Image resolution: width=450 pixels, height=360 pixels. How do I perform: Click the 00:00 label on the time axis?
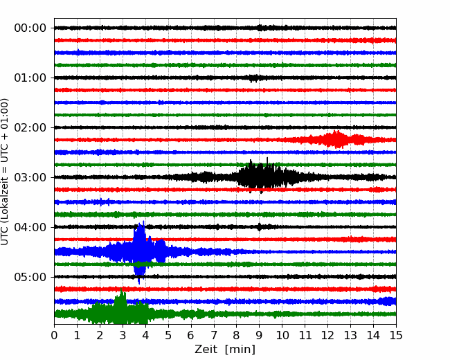(x=30, y=28)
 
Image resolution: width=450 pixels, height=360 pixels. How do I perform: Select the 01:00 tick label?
(x=30, y=78)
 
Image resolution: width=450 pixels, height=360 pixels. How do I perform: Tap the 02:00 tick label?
(x=30, y=127)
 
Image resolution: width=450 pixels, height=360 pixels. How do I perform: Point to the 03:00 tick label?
(x=30, y=177)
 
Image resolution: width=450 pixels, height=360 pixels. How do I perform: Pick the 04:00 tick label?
(x=30, y=227)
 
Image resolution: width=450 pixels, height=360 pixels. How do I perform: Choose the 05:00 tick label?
(x=30, y=277)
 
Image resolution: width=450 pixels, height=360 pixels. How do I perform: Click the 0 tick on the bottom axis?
(x=54, y=335)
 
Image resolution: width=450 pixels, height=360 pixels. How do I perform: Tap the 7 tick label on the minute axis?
(x=214, y=335)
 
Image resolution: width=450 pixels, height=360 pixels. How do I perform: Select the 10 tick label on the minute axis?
(x=282, y=335)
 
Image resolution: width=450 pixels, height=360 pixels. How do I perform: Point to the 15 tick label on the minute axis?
(x=396, y=335)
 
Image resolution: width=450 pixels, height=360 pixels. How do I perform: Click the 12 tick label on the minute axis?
(x=327, y=335)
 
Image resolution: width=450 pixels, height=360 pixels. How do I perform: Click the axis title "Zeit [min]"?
(x=225, y=350)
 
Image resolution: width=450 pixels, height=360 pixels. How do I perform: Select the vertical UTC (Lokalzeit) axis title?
(x=4, y=172)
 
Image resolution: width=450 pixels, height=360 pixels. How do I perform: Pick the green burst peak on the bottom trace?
(x=121, y=305)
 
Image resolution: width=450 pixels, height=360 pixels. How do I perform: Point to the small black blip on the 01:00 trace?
(x=253, y=78)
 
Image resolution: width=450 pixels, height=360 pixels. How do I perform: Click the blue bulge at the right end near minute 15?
(x=388, y=301)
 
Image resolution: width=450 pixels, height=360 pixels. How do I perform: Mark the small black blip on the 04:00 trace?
(x=260, y=227)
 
